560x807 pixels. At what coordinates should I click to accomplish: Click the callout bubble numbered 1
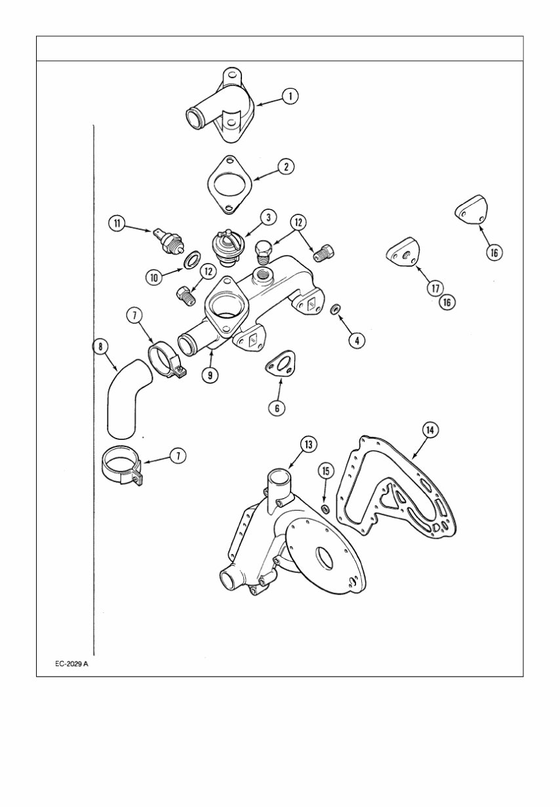(289, 96)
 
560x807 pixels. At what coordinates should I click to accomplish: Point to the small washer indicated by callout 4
(334, 309)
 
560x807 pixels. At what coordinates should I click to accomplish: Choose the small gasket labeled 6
(279, 364)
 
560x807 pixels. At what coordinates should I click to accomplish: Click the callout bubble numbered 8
(100, 346)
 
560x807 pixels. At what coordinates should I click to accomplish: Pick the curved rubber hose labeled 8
(125, 401)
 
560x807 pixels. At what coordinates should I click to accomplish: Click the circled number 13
(309, 444)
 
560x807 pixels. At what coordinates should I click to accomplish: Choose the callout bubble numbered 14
(430, 429)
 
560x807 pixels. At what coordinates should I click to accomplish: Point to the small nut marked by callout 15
(325, 509)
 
